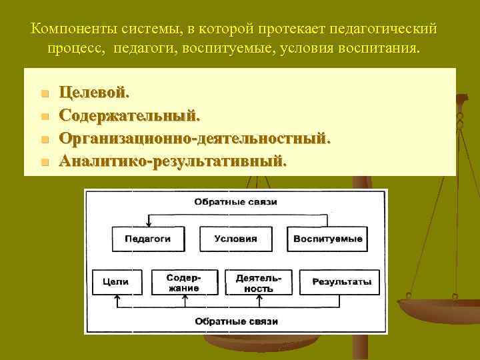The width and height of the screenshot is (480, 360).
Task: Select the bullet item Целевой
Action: [95, 93]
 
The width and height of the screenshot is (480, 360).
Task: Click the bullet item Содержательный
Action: [129, 115]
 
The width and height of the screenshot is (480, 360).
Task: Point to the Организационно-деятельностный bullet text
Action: [194, 139]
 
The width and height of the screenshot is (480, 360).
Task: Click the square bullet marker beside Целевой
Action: [45, 93]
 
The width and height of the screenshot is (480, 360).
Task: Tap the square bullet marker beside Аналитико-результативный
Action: [45, 162]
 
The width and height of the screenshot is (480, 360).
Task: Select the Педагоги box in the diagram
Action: [148, 239]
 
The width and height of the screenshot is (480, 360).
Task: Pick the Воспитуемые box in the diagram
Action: [327, 239]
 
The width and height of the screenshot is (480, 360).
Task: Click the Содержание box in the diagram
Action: [183, 282]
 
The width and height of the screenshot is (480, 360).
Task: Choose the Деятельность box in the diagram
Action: [258, 282]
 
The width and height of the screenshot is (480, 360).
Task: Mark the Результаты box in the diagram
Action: [341, 282]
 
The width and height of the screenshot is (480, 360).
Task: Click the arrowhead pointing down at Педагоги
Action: [149, 224]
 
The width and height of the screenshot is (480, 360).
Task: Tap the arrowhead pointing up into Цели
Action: [117, 297]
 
